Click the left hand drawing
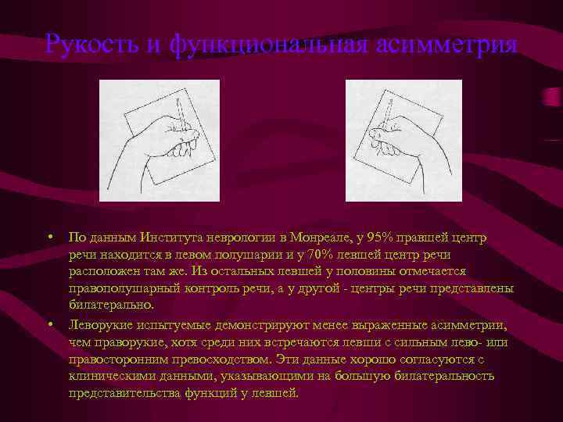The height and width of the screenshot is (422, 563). (x=160, y=141)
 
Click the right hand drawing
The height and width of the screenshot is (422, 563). (x=403, y=141)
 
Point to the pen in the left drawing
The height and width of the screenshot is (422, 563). (x=179, y=116)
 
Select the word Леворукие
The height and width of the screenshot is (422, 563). (x=99, y=324)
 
